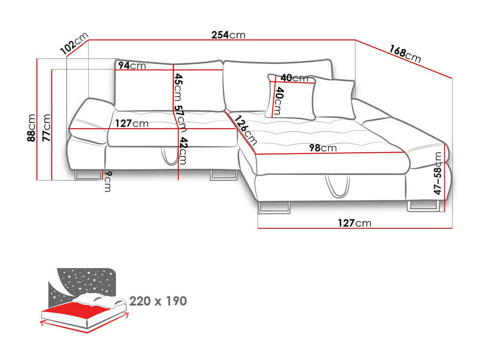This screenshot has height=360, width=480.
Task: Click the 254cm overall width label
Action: pyautogui.click(x=228, y=35)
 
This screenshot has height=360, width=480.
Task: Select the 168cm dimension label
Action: pyautogui.click(x=405, y=54)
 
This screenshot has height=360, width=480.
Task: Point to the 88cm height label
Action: pyautogui.click(x=31, y=128)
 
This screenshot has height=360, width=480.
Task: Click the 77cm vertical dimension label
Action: pyautogui.click(x=46, y=128)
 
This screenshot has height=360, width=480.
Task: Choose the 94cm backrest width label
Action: pyautogui.click(x=132, y=65)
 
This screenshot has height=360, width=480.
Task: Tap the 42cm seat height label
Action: pyautogui.click(x=182, y=151)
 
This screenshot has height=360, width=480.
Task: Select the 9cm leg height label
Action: pyautogui.click(x=108, y=182)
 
